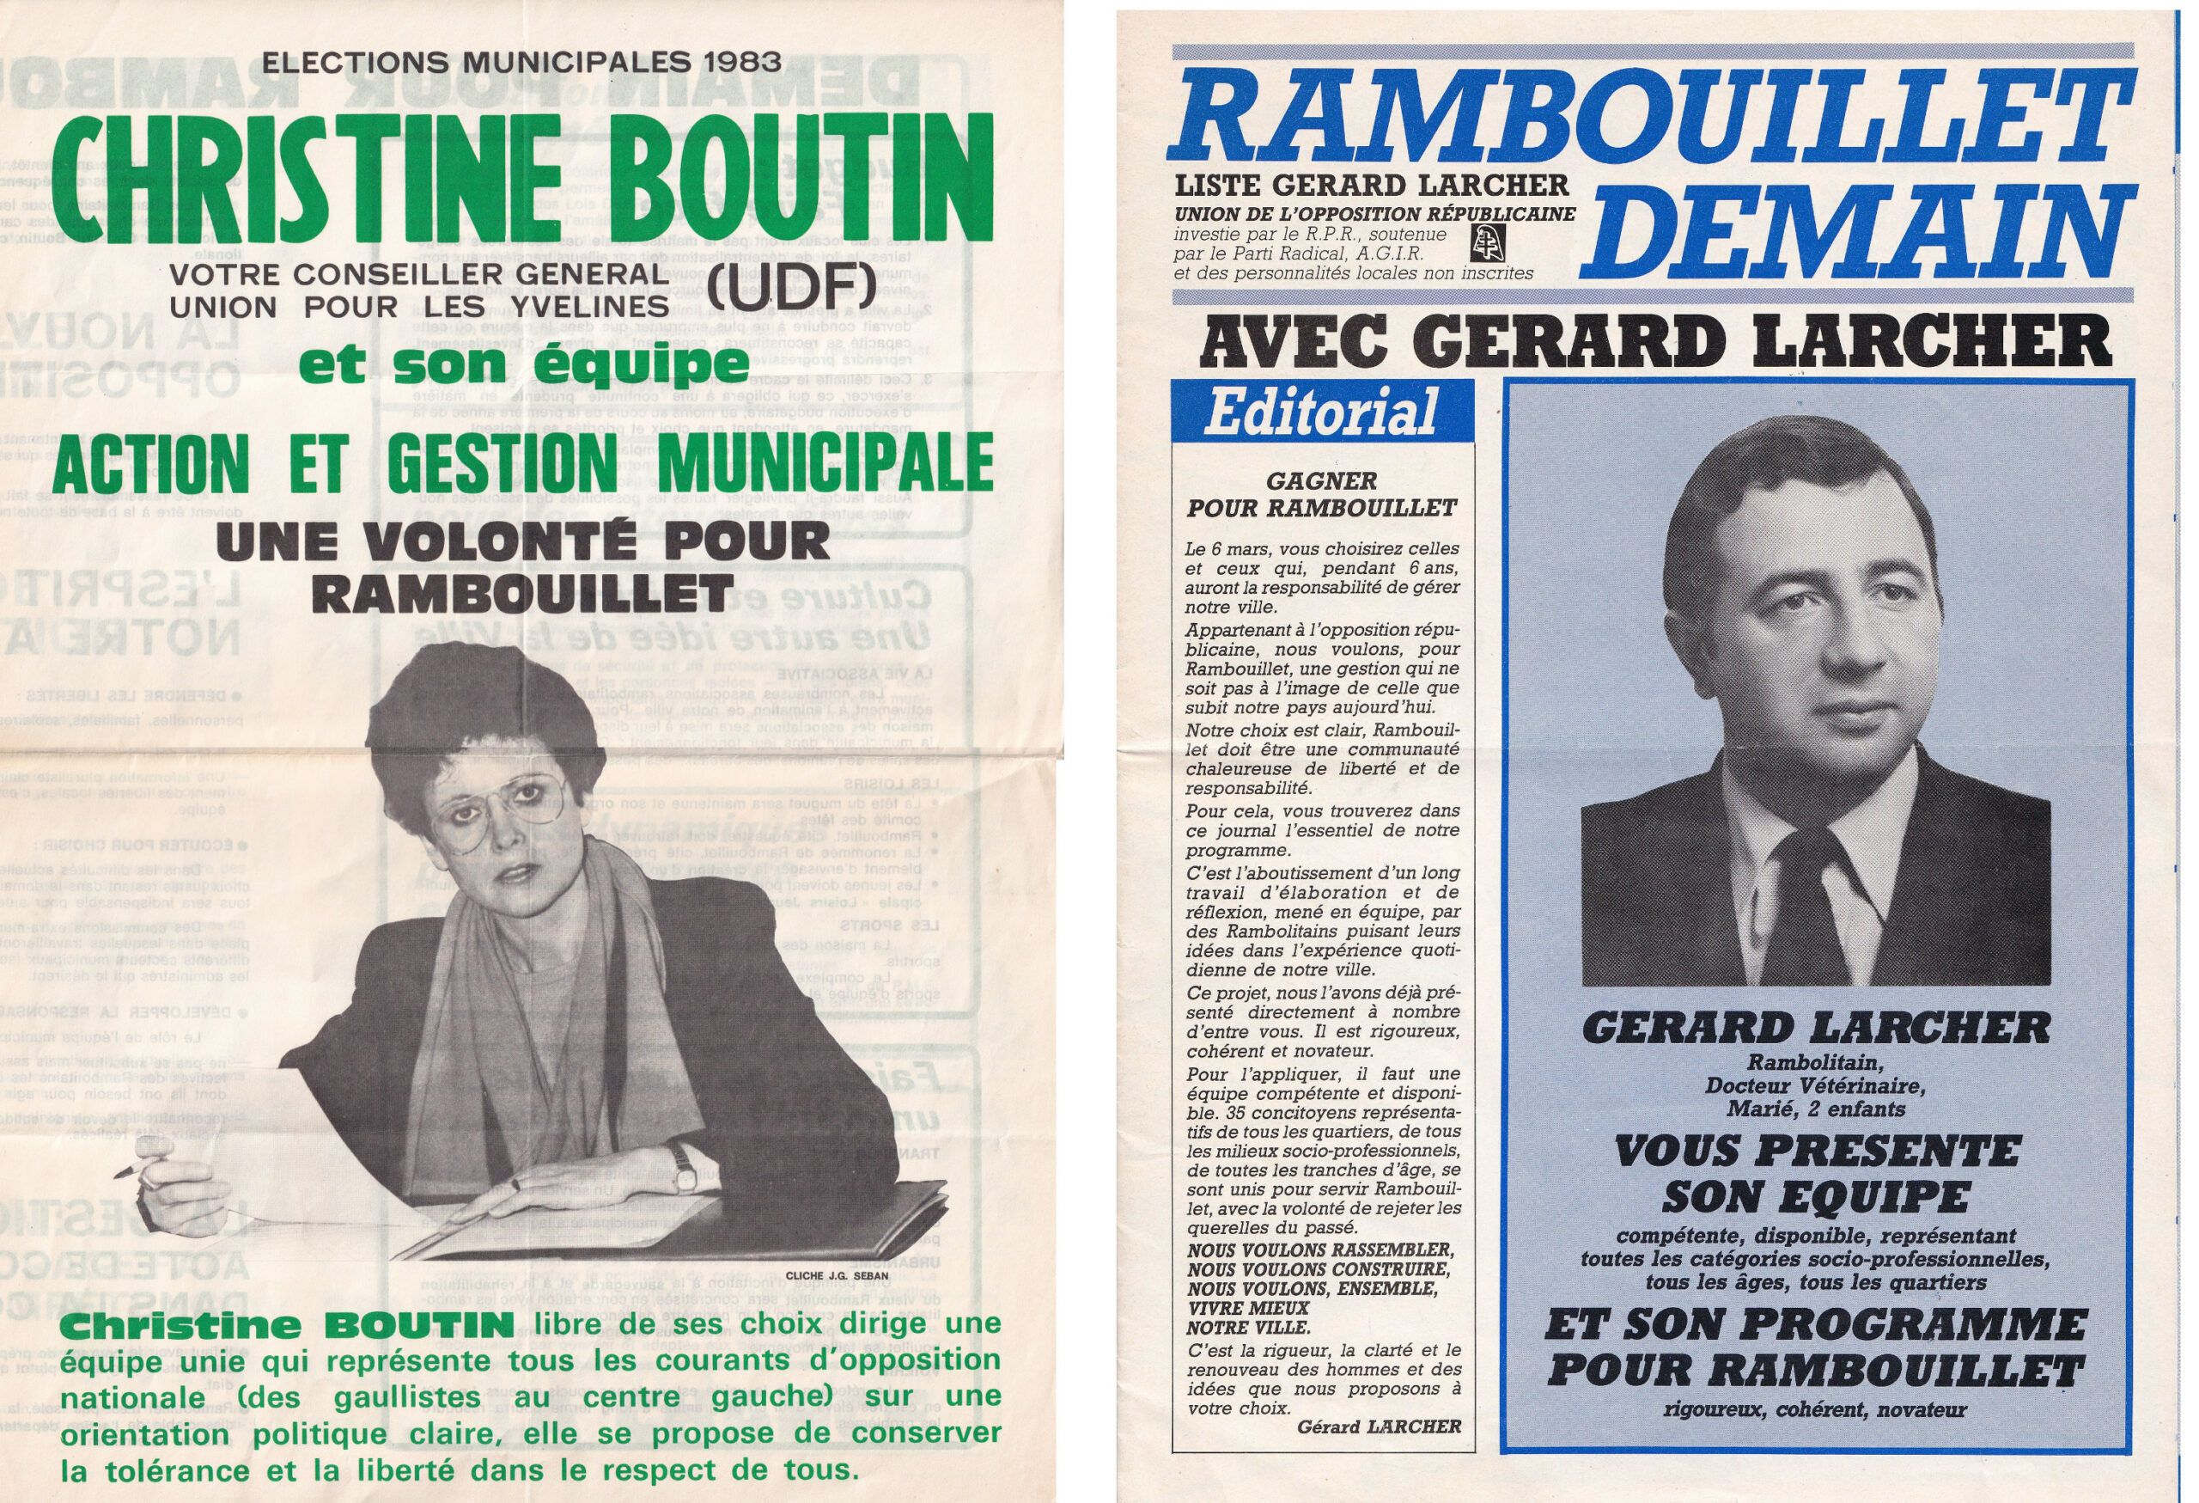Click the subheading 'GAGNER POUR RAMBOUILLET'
click(1322, 495)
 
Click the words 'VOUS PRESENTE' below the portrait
click(1816, 1152)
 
